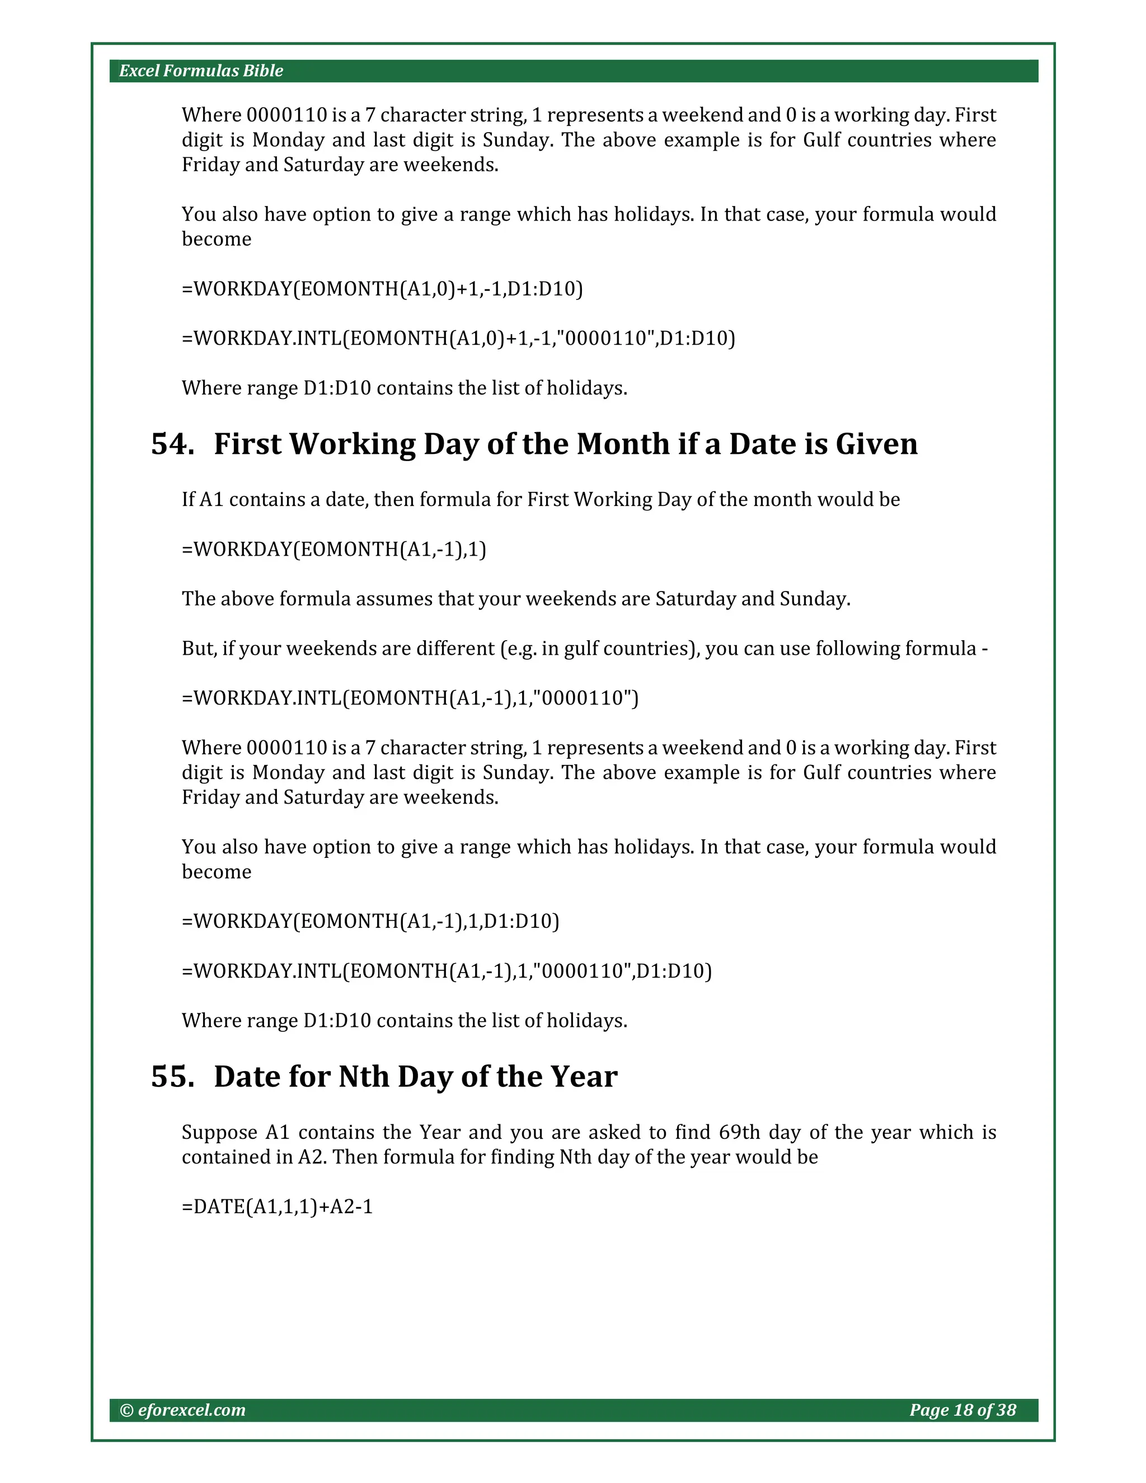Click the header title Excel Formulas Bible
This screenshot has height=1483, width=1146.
[x=201, y=71]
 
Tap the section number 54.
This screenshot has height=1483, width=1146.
[x=172, y=444]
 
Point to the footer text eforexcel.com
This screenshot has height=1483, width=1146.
[x=191, y=1410]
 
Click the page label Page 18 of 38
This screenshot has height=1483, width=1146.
[x=962, y=1410]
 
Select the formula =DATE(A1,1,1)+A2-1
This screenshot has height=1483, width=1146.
[x=277, y=1207]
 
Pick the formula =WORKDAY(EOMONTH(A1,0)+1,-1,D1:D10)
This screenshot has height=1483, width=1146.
[x=382, y=289]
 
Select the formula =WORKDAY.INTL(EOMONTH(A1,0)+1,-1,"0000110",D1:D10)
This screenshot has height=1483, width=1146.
[x=458, y=338]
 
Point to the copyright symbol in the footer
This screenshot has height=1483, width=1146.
[x=126, y=1410]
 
